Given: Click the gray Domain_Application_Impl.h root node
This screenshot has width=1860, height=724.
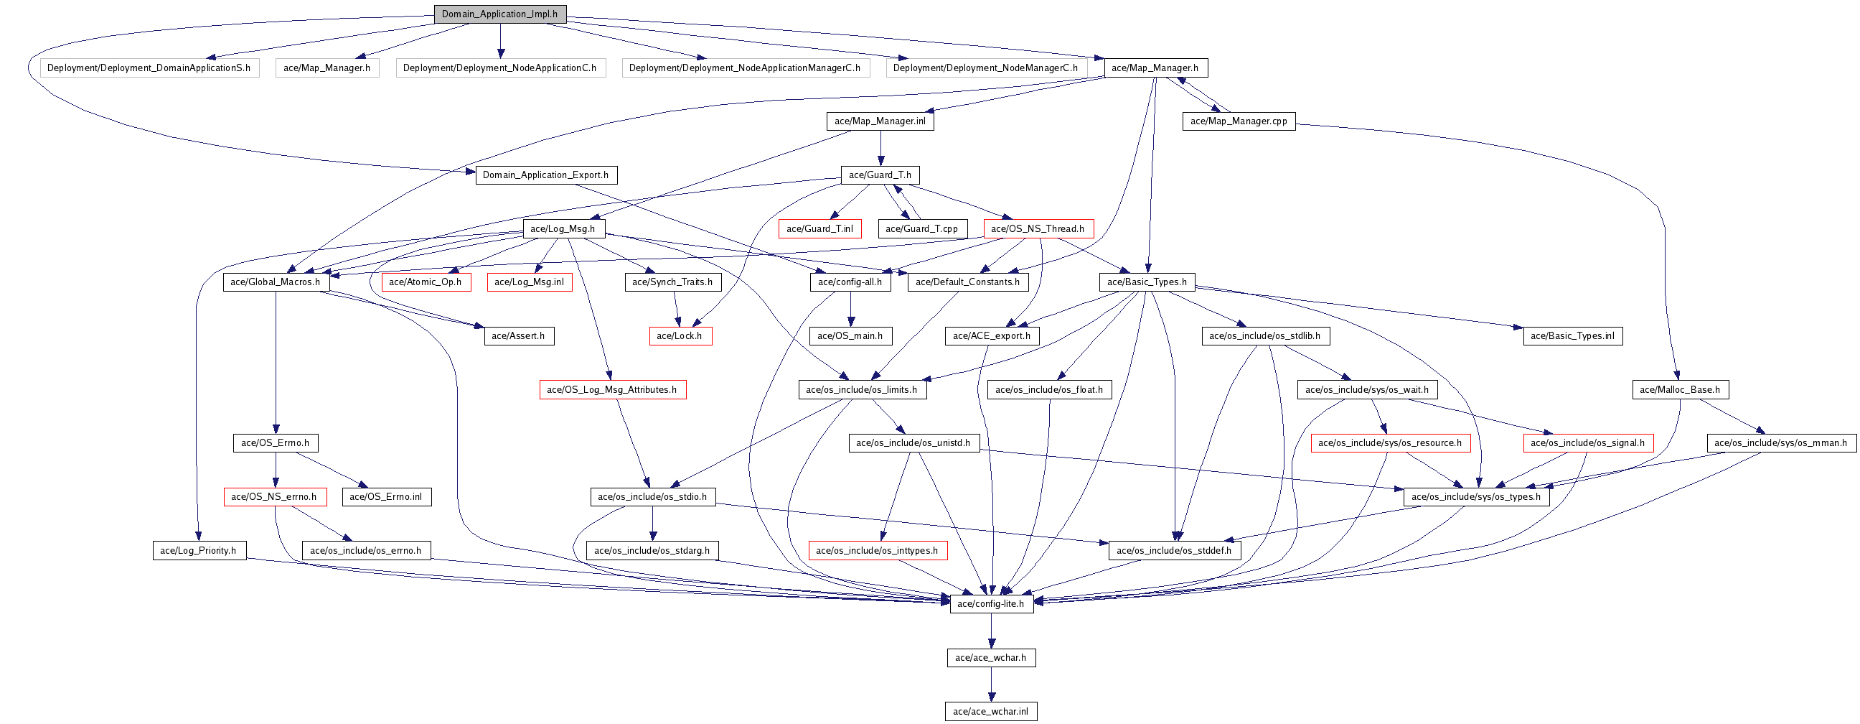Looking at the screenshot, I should tap(499, 14).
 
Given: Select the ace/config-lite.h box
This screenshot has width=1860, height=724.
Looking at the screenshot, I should tap(991, 604).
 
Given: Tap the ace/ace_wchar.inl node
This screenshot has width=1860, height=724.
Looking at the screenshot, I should tap(991, 712).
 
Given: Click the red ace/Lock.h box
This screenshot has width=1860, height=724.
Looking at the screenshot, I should tap(680, 336).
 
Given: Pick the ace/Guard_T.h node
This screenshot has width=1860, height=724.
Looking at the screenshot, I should tap(880, 175).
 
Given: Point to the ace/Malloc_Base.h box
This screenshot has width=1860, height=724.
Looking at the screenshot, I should tap(1680, 390).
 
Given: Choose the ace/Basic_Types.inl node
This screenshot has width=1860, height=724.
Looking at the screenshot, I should tap(1573, 336).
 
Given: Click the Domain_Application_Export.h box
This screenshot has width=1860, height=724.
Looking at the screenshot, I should tap(546, 175).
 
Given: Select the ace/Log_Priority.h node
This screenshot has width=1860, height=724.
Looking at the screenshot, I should tap(199, 551).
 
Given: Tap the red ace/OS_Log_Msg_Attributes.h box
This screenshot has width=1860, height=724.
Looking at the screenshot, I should tap(612, 390).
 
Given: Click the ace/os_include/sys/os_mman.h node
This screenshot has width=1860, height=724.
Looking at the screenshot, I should tap(1780, 443).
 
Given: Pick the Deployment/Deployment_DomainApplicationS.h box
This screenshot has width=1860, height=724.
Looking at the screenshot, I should tap(149, 68).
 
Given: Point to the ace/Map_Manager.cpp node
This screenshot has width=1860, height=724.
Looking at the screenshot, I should tap(1239, 121).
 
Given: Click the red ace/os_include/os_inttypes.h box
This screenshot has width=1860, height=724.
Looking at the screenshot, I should tap(878, 551).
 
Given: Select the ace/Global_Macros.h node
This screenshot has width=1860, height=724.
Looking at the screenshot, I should tap(275, 282).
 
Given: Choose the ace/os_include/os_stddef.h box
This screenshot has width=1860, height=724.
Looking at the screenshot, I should tap(1174, 551).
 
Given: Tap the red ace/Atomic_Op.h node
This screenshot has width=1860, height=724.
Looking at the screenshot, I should tap(426, 282).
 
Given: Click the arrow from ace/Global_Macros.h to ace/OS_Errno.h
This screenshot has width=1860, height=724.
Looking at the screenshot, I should tap(276, 361).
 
